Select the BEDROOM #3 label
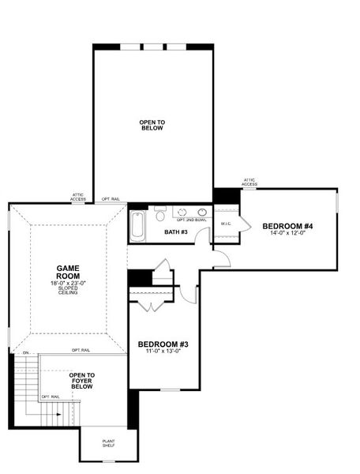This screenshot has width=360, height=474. tap(163, 344)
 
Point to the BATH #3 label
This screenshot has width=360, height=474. tap(175, 231)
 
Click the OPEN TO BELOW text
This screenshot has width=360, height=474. tap(152, 125)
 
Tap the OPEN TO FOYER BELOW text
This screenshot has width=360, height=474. tap(82, 381)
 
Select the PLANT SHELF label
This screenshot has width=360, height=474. tap(108, 444)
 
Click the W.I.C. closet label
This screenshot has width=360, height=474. tap(225, 224)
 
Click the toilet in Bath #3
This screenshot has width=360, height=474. tap(160, 214)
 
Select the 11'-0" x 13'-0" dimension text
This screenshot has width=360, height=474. tap(163, 352)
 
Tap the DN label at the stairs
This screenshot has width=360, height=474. tap(25, 352)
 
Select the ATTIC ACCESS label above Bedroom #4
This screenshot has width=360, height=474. tap(249, 182)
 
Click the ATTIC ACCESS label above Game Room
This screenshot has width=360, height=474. tap(78, 197)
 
